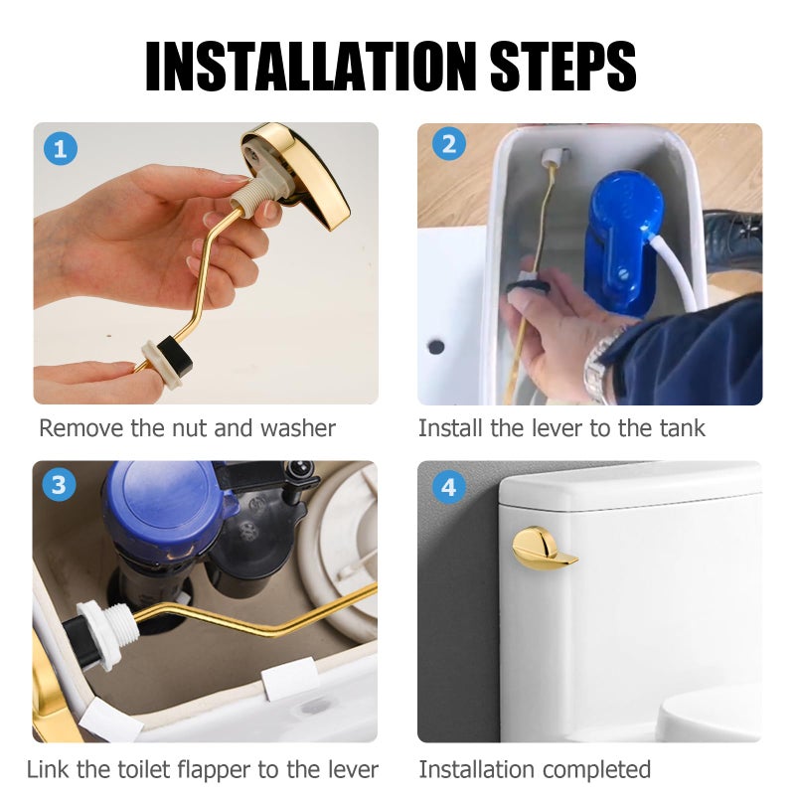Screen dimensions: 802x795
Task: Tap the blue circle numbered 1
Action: click(x=61, y=150)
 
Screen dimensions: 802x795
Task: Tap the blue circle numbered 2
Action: click(x=448, y=145)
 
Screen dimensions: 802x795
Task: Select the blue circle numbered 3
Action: click(x=59, y=485)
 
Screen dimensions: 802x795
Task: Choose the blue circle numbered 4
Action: click(x=448, y=487)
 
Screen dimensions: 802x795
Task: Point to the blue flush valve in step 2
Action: click(x=621, y=239)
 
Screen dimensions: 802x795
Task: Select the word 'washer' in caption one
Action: click(x=298, y=429)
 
